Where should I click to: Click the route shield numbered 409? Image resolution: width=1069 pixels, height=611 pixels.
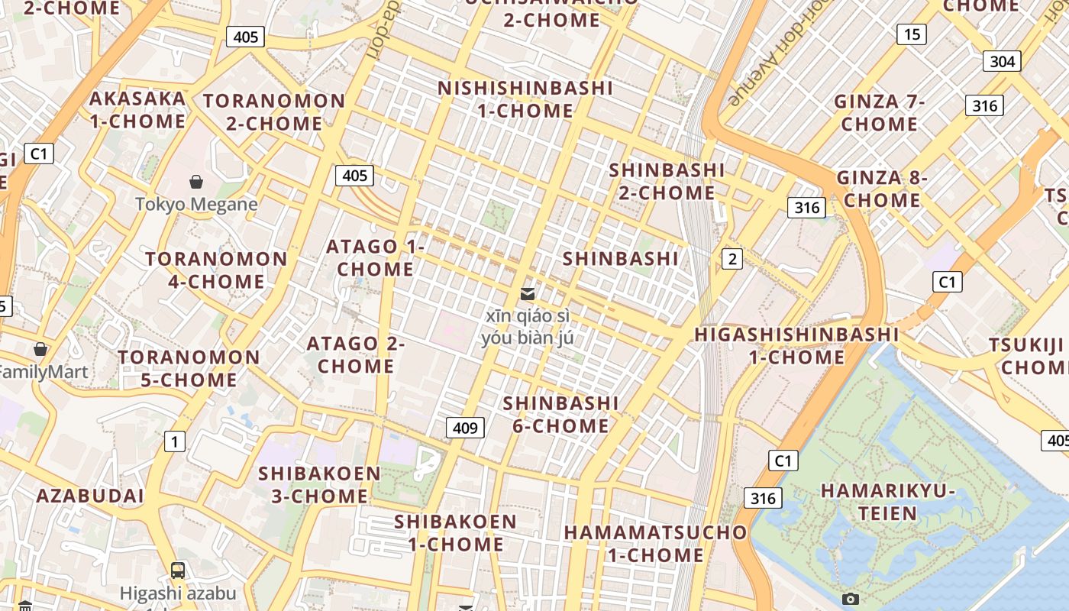[465, 428]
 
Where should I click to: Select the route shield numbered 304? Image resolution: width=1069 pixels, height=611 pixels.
[1001, 62]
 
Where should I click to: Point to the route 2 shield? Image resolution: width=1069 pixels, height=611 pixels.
[732, 259]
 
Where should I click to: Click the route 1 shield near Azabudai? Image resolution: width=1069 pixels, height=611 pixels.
[175, 441]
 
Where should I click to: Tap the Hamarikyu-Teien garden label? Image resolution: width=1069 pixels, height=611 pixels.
[888, 502]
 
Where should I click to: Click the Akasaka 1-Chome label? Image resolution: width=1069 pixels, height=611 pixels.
[137, 110]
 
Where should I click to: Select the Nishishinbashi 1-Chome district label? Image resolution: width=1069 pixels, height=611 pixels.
[525, 99]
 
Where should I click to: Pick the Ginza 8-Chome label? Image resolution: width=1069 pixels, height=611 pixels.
[882, 189]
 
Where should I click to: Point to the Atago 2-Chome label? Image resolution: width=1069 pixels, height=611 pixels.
[356, 355]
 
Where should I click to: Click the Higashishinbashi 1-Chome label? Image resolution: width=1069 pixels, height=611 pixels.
[796, 346]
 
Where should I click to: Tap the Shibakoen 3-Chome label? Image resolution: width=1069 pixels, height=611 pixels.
[319, 485]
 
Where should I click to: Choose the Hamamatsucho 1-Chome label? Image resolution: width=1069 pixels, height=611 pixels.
[655, 544]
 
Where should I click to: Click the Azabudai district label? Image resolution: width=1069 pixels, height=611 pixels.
[90, 496]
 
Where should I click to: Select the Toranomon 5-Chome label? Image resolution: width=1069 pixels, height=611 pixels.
[189, 369]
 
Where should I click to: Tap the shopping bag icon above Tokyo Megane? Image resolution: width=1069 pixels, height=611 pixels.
[196, 182]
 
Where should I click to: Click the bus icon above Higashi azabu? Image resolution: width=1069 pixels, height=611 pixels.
[178, 570]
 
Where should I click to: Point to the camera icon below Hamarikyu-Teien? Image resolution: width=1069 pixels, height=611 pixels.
[850, 600]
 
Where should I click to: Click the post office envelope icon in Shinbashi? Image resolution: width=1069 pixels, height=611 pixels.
[527, 294]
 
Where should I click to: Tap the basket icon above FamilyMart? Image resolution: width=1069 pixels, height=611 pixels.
[40, 349]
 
